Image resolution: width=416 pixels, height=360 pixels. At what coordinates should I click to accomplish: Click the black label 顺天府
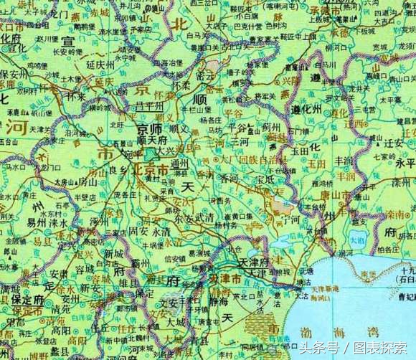click(x=151, y=140)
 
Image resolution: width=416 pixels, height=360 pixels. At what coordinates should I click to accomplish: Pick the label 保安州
click(x=14, y=74)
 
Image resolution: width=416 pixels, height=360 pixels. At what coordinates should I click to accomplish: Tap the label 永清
click(x=161, y=232)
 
